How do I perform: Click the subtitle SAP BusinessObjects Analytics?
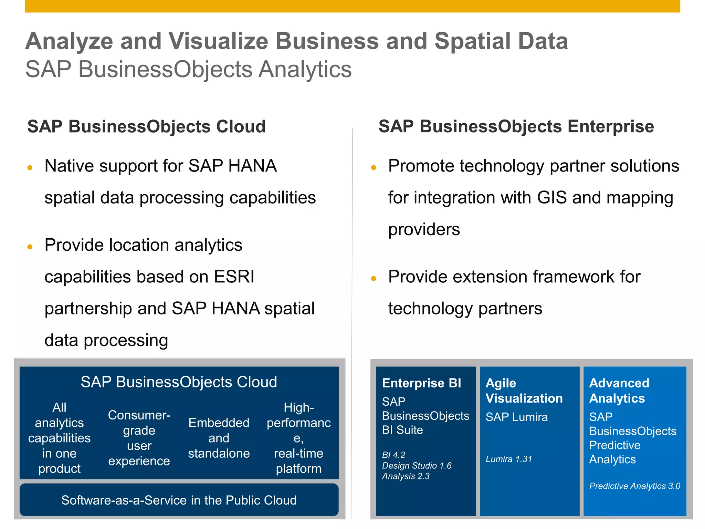tap(188, 69)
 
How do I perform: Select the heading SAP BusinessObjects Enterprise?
tap(516, 126)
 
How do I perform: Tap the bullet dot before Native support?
tap(30, 168)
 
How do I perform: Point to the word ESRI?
tap(234, 277)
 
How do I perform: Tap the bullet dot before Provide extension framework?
tap(374, 278)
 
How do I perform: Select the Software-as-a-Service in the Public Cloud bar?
tap(179, 500)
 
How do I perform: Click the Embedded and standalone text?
tap(219, 438)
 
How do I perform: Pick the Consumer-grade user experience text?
tap(139, 438)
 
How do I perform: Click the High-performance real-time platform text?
tap(298, 438)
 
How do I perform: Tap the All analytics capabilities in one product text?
tap(59, 438)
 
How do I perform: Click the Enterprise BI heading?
tap(421, 383)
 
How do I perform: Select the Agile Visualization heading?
tap(524, 391)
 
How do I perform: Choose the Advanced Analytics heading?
tap(619, 391)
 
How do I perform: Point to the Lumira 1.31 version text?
tap(509, 459)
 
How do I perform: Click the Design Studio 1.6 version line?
tap(417, 466)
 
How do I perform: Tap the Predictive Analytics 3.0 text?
tap(634, 486)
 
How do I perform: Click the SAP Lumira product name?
tap(516, 417)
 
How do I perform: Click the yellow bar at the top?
tap(352, 6)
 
